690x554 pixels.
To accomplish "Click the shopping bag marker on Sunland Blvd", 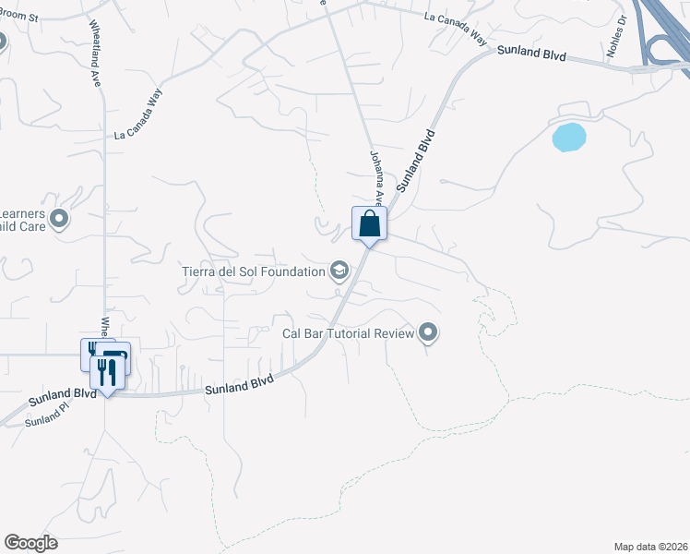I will pyautogui.click(x=369, y=224).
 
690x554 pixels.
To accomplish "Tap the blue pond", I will pyautogui.click(x=568, y=138).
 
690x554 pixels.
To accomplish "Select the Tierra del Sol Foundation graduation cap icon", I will pyautogui.click(x=339, y=271).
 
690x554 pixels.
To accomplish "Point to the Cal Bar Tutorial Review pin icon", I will pyautogui.click(x=427, y=331).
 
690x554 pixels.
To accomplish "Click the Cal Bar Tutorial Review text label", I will pyautogui.click(x=348, y=332).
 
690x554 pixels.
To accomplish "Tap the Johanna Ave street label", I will pyautogui.click(x=376, y=178).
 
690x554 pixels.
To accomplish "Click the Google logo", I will pyautogui.click(x=30, y=543).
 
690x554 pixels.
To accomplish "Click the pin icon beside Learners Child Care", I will pyautogui.click(x=60, y=219).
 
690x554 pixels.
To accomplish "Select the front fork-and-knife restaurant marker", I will pyautogui.click(x=107, y=372).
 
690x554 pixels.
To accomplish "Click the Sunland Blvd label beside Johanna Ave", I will pyautogui.click(x=415, y=161).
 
